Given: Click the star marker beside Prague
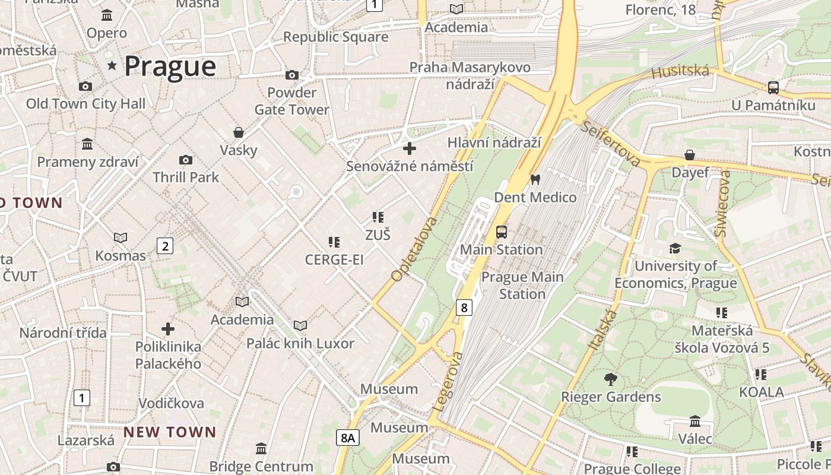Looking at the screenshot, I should [x=112, y=65].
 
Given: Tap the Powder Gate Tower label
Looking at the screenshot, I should [x=291, y=101].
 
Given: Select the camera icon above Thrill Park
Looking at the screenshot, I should [x=185, y=160].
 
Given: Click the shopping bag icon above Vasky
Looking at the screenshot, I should [x=239, y=132].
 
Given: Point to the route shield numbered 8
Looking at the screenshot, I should [x=464, y=307].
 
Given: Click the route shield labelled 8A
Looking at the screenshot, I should [x=348, y=438].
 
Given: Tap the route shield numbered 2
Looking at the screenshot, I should [x=165, y=245].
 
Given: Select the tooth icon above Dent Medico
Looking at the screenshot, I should [x=535, y=179].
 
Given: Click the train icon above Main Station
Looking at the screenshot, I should [x=502, y=232].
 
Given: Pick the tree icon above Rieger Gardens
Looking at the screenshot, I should [x=610, y=379].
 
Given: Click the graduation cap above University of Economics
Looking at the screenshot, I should [x=675, y=248].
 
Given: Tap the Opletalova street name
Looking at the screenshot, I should [x=414, y=249].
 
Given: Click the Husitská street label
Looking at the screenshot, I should [x=680, y=72].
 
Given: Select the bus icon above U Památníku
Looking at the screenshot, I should [x=773, y=88].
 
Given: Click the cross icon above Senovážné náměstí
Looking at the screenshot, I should [x=410, y=148].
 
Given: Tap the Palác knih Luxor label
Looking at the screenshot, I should [x=300, y=343].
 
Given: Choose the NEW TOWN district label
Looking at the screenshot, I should [x=170, y=432].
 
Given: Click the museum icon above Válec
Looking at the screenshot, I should [x=695, y=422].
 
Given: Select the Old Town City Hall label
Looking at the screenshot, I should [x=85, y=104].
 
